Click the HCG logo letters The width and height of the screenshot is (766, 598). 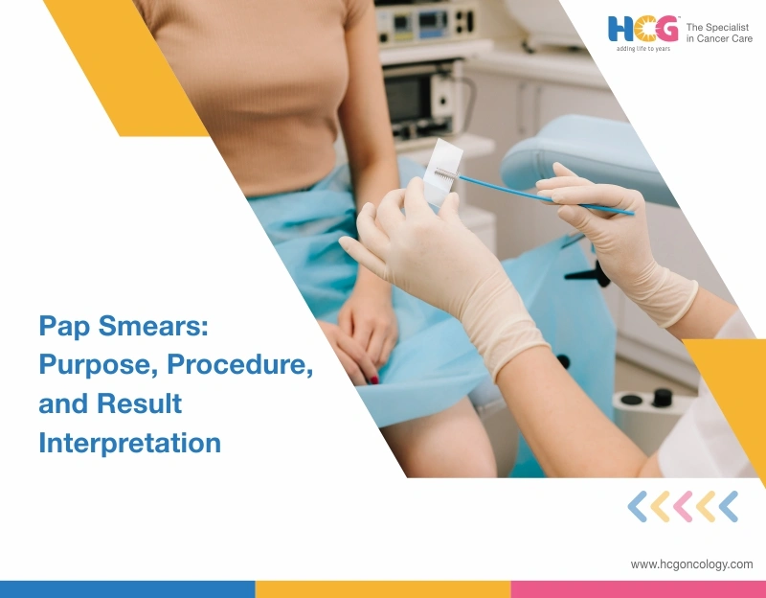tap(642, 30)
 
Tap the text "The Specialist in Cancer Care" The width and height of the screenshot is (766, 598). tap(719, 33)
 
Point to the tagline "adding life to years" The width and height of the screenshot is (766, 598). tap(643, 49)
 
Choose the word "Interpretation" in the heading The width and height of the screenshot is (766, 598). tap(129, 443)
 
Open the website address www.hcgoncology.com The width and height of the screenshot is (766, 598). tap(691, 564)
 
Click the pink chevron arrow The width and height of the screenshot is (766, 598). tap(683, 506)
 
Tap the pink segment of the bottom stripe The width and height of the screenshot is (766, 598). tap(638, 588)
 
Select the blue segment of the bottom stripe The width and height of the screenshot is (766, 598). tap(127, 588)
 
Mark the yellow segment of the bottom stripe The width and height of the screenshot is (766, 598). tap(383, 588)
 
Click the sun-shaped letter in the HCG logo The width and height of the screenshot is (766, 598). tap(642, 30)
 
